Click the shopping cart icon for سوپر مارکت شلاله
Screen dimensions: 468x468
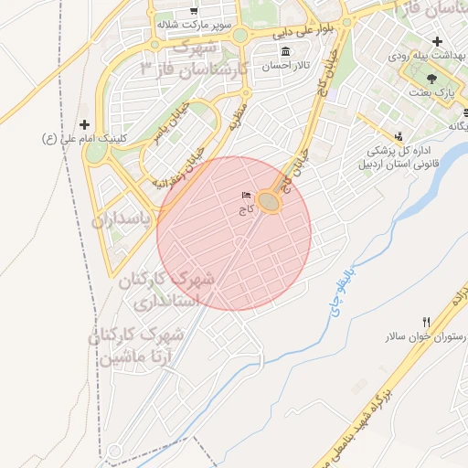(194, 10)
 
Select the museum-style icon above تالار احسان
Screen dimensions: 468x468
(286, 51)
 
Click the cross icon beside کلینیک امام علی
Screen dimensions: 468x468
(85, 124)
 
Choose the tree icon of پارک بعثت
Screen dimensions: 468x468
(431, 79)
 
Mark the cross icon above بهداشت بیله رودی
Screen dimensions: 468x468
(438, 41)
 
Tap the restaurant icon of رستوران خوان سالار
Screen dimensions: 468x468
(426, 322)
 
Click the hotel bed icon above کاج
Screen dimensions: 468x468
(245, 196)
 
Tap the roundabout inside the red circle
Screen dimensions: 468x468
(268, 201)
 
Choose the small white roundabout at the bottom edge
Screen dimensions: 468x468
(114, 452)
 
